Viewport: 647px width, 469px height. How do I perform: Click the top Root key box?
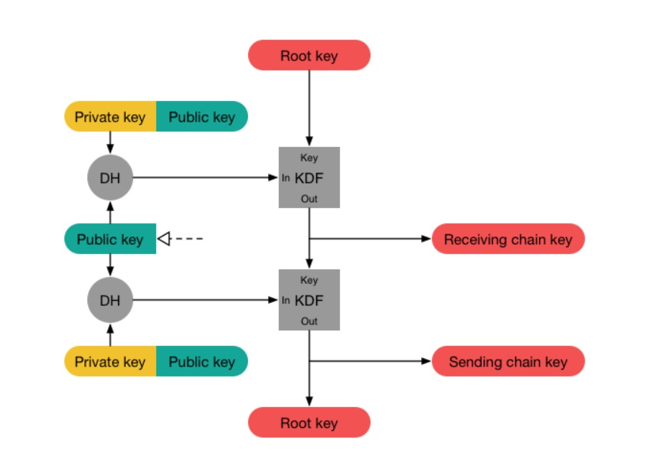click(309, 55)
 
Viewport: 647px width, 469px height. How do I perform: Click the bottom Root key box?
click(309, 422)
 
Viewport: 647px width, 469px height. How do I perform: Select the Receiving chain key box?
click(508, 239)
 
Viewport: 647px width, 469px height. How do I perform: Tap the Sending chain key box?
click(508, 361)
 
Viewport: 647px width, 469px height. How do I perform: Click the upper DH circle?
click(109, 178)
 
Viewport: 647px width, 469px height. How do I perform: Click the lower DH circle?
click(109, 300)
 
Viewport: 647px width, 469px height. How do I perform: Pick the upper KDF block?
click(309, 178)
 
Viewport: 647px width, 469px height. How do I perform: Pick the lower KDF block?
click(309, 300)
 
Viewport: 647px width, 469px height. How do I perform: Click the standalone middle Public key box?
click(109, 239)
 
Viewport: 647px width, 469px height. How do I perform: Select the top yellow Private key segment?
click(109, 116)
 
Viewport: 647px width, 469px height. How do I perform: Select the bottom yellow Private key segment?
click(109, 361)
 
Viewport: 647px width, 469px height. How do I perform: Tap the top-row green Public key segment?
click(201, 116)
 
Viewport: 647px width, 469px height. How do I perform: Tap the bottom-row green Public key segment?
click(201, 361)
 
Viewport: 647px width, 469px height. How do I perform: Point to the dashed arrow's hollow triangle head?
click(162, 239)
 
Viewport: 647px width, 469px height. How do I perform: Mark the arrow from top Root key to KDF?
click(309, 107)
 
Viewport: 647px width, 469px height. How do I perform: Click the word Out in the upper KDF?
click(309, 199)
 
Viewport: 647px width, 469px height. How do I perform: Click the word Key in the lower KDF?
click(309, 280)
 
